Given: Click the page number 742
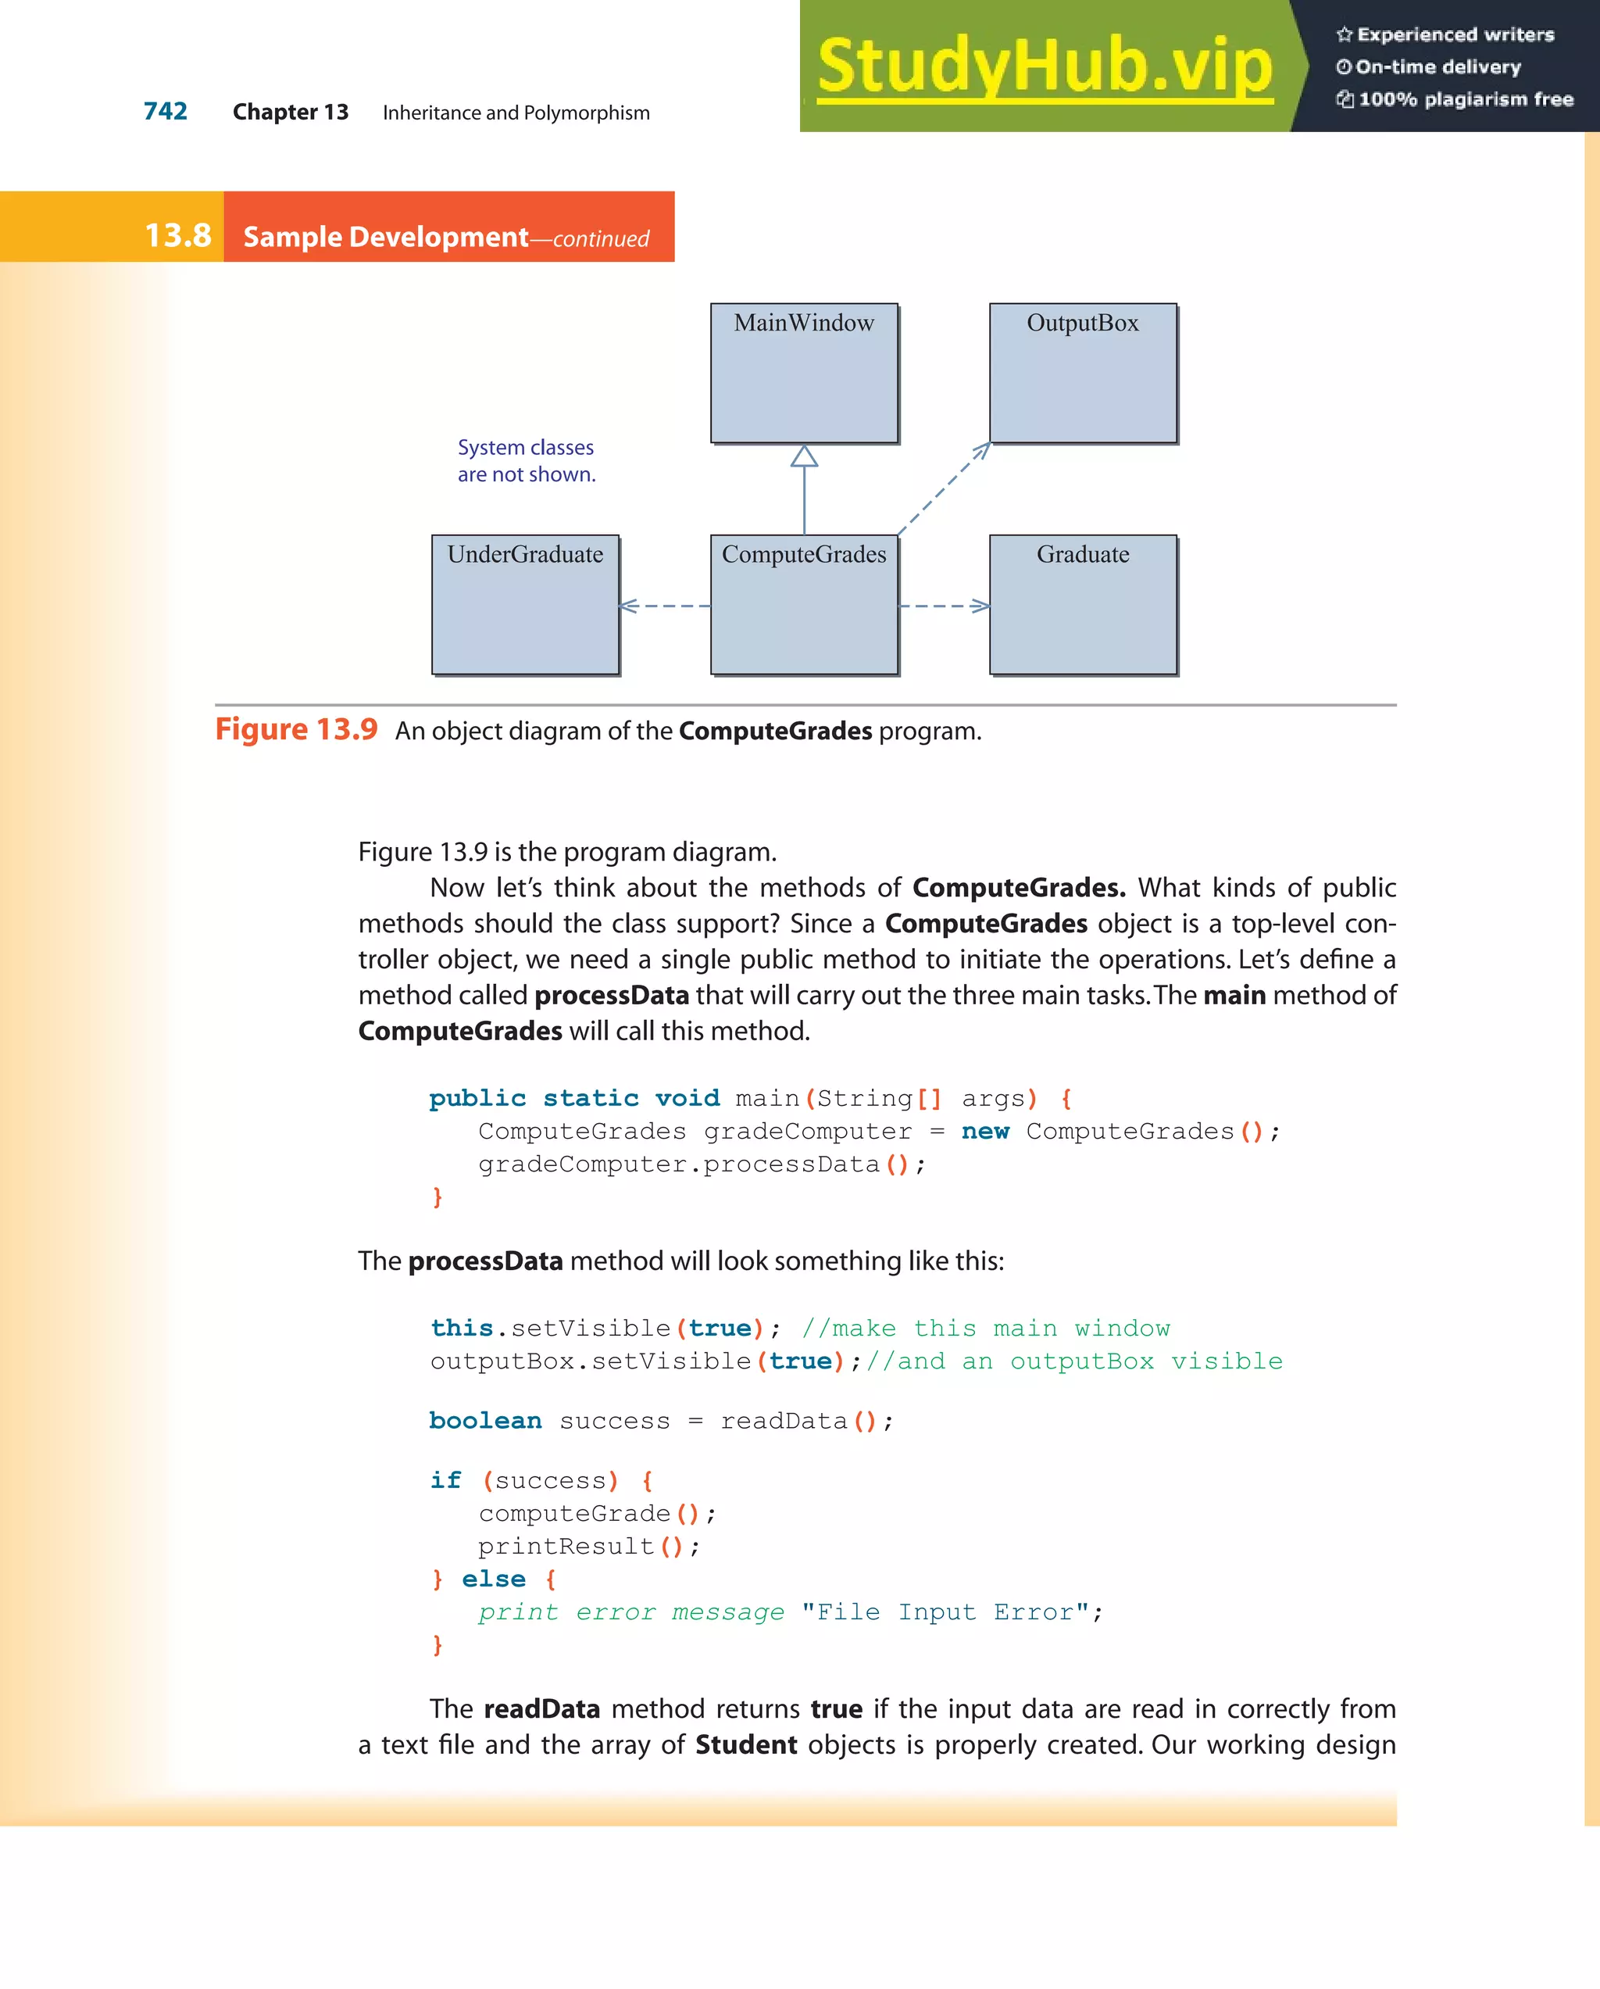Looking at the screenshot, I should [165, 112].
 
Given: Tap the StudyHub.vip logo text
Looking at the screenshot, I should [1045, 66].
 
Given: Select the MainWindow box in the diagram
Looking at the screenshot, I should [804, 374].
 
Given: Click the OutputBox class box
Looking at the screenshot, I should [1083, 374].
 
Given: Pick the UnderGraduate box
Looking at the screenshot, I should [525, 605].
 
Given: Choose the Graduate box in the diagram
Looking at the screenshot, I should [1083, 605].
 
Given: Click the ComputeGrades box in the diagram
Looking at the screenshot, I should [804, 605].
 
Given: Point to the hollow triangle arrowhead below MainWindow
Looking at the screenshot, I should [804, 456].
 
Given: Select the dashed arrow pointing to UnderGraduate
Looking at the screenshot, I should [665, 606].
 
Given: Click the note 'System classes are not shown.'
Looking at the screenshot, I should [527, 460].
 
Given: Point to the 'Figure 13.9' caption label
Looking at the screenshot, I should [296, 730].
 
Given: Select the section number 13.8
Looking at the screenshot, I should [178, 236].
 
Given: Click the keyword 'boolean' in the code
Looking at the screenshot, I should [485, 1421].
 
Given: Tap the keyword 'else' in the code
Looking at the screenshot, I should [494, 1579].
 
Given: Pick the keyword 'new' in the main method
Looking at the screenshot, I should [985, 1131].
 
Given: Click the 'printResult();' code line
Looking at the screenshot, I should [589, 1546].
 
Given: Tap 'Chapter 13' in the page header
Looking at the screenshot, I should [291, 113].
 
